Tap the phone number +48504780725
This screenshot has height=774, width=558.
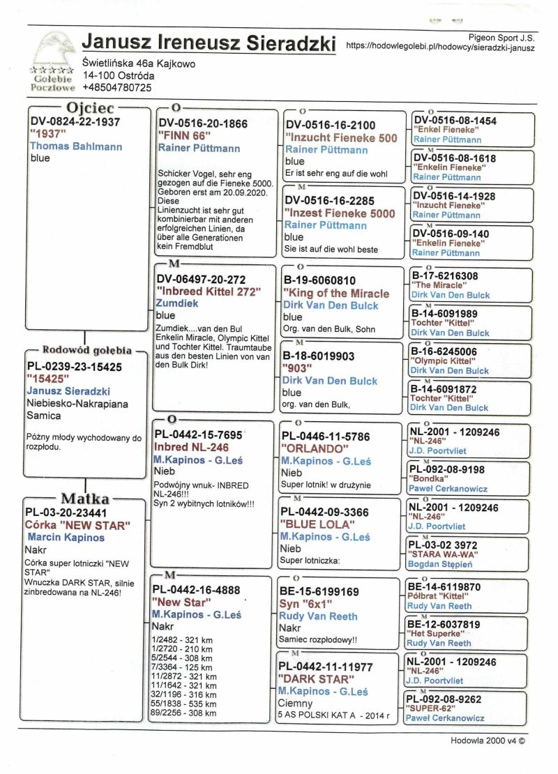pyautogui.click(x=116, y=88)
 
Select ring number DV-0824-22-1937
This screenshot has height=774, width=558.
pyautogui.click(x=75, y=122)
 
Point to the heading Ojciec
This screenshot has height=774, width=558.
pyautogui.click(x=91, y=108)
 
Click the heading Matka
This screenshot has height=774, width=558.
pyautogui.click(x=85, y=499)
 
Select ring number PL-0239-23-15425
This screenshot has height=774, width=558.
pyautogui.click(x=74, y=367)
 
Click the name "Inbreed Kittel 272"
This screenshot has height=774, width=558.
pyautogui.click(x=209, y=291)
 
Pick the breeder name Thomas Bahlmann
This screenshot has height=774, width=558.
pyautogui.click(x=76, y=146)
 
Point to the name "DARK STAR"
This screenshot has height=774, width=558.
pyautogui.click(x=316, y=678)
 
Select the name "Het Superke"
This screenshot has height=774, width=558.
pyautogui.click(x=437, y=634)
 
